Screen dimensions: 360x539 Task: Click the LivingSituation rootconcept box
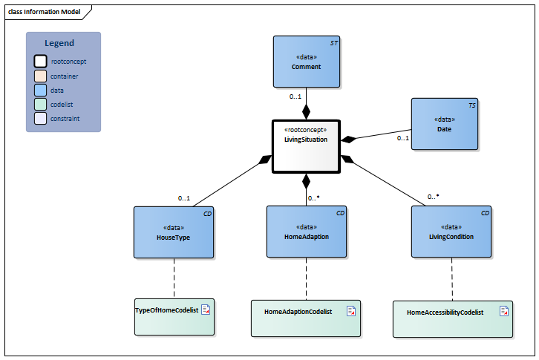coord(306,146)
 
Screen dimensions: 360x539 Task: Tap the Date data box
coord(444,124)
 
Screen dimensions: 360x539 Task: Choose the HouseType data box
coord(174,232)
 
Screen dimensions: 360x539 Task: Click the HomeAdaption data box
coord(306,232)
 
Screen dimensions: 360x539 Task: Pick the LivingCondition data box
coord(451,232)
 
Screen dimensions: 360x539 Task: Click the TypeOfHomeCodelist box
coord(174,317)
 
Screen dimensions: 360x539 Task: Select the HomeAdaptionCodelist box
coord(306,318)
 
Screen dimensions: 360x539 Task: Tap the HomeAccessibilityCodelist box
coord(452,318)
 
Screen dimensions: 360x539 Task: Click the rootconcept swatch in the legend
coord(41,62)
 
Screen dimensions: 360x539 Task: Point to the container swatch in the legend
coord(41,76)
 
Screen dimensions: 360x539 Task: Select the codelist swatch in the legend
coord(41,104)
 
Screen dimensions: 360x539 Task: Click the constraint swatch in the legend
coord(41,118)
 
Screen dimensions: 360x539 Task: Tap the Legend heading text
coord(59,43)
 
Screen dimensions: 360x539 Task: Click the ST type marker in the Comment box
coord(333,43)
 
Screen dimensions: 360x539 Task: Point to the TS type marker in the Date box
coord(472,106)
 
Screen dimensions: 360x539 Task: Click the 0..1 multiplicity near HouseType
coord(184,198)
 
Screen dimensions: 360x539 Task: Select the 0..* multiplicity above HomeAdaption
coord(313,198)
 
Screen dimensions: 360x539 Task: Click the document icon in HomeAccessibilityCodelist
coord(504,311)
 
